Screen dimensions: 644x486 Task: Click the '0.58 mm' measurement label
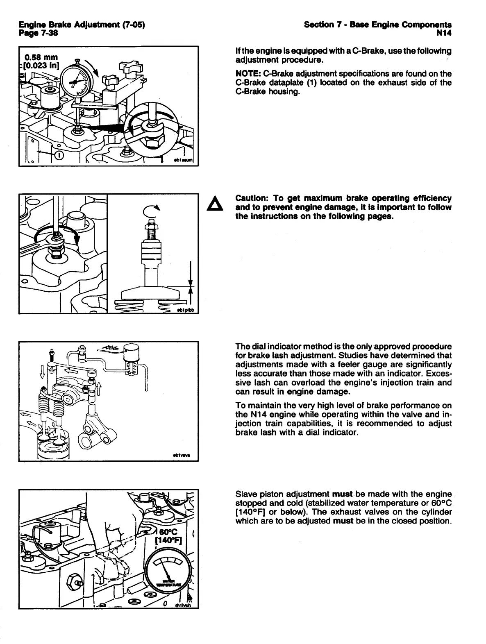[41, 57]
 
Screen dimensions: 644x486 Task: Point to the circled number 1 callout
[58, 155]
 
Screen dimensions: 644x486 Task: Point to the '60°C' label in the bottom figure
[168, 531]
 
